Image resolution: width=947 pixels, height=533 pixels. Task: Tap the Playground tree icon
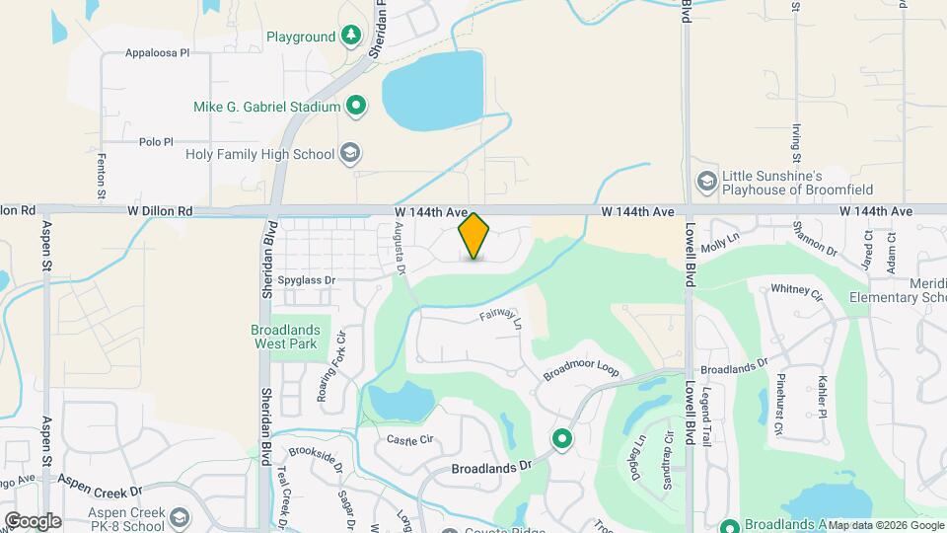point(351,38)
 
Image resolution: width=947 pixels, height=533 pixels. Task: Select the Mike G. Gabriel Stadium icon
point(357,106)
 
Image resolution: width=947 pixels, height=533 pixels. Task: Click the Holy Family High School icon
point(349,153)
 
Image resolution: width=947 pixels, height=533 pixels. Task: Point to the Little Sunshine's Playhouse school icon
point(706,181)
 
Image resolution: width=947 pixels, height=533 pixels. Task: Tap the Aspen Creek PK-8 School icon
point(180,518)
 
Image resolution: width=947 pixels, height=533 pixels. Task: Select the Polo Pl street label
point(156,142)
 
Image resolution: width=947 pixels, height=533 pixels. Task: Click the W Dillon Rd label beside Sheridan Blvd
point(159,211)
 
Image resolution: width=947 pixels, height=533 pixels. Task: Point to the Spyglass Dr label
point(307,280)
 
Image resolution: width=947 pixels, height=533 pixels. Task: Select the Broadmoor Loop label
point(581,370)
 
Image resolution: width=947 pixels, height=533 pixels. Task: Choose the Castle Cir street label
point(410,439)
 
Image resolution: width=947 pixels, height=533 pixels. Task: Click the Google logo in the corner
point(33,520)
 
